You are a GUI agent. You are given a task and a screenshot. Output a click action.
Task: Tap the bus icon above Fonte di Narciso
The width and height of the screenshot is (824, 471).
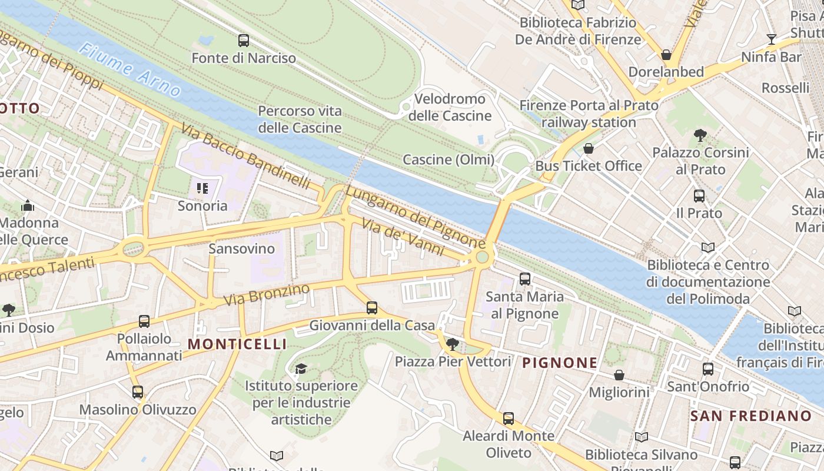243,41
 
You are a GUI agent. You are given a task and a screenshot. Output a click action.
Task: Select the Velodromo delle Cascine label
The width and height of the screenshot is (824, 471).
450,107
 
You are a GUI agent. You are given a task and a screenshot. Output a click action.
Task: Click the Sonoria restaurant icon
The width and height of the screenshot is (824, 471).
202,188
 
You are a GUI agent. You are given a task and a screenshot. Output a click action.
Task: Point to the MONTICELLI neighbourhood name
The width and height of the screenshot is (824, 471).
237,344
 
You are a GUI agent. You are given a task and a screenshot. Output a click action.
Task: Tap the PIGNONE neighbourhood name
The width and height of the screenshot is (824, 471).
560,363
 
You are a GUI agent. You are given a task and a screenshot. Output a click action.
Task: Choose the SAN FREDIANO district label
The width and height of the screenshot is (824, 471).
750,416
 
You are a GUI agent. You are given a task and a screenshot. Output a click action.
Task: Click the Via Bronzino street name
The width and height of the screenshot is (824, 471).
267,295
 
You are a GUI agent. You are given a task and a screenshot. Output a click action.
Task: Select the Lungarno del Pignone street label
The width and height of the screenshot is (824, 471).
415,217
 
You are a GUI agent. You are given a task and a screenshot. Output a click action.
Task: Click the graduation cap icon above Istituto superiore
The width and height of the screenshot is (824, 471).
301,369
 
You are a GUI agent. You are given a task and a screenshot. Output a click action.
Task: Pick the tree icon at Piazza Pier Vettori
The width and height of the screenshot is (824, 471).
453,344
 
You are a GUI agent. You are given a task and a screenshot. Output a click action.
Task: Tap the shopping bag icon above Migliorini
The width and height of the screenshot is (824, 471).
619,375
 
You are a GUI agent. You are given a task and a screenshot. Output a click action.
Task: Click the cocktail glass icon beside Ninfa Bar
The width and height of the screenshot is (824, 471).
771,39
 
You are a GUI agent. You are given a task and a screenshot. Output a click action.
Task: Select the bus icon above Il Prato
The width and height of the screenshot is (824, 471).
699,195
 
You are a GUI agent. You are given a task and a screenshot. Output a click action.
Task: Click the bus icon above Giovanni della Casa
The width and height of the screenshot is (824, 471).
371,307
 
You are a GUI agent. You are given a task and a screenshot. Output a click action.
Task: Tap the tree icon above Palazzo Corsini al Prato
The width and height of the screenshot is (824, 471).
700,135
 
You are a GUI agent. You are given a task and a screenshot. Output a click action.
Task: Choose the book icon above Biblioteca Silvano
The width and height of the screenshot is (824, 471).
641,437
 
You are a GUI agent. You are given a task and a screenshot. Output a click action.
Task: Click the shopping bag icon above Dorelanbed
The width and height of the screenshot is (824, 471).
666,55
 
